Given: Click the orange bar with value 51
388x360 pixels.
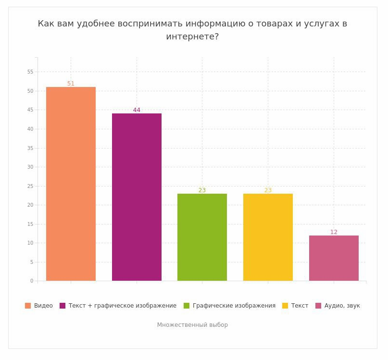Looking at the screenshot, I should coord(71,184).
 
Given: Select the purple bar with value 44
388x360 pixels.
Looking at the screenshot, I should coord(137,197).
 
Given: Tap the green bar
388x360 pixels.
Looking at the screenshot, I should coord(202,237).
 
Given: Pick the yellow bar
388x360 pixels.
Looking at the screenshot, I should coord(268,237).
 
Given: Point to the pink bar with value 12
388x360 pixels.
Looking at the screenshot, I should coord(334,258).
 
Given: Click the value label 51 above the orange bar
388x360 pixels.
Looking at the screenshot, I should coord(71,84).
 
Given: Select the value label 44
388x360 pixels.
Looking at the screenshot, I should coord(137,110).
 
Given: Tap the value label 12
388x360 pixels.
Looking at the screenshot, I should coord(334,232).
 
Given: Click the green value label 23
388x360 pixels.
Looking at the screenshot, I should coord(202,190).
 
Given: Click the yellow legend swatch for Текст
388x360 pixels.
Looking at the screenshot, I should coord(285,306).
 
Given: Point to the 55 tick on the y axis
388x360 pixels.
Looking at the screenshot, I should coord(30,72).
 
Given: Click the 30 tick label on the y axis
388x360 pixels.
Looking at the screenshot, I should coord(30,167).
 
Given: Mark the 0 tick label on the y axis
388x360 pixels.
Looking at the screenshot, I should coord(32,281).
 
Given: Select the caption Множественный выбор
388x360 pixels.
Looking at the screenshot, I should coord(192,325).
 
